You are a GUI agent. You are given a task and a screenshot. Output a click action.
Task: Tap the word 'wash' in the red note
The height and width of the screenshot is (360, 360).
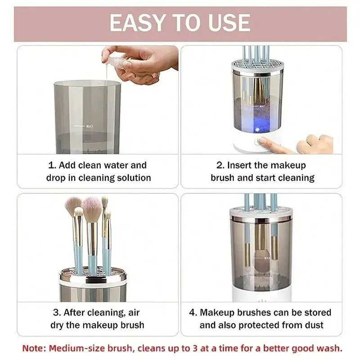(x=331, y=348)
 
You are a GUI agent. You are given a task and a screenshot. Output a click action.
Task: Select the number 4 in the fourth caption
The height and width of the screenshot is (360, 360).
(x=193, y=312)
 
